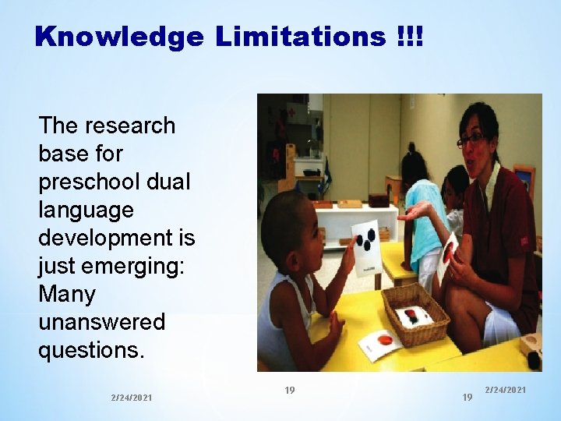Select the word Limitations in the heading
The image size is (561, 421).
pyautogui.click(x=300, y=36)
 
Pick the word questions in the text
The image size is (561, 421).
pyautogui.click(x=91, y=350)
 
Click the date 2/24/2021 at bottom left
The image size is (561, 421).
pyautogui.click(x=132, y=398)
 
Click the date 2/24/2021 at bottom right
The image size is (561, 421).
pyautogui.click(x=505, y=389)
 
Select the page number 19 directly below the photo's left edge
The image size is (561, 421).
pyautogui.click(x=289, y=390)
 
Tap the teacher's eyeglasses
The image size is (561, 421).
pyautogui.click(x=473, y=140)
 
